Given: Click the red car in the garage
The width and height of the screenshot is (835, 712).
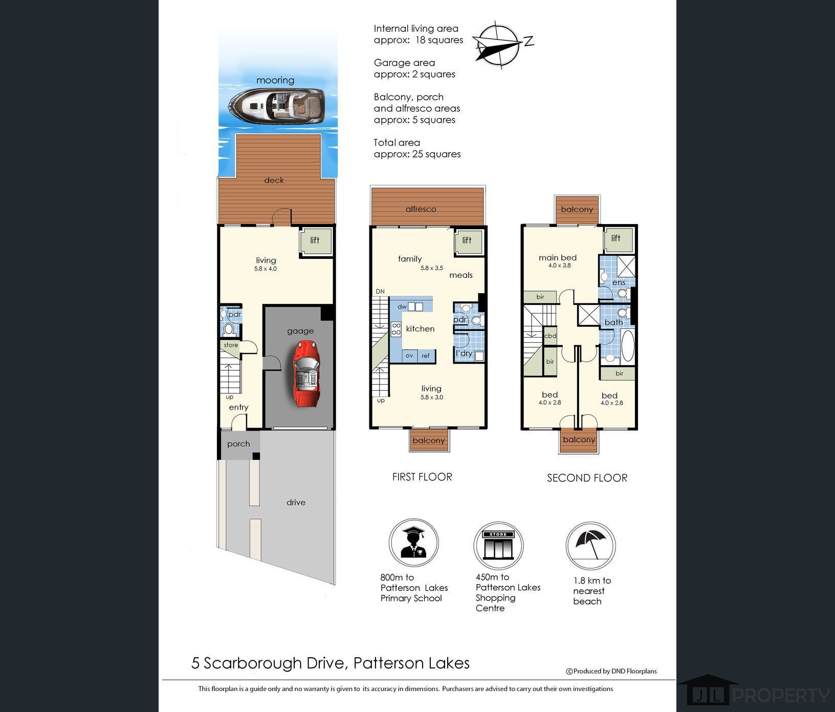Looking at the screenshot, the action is tap(306, 374).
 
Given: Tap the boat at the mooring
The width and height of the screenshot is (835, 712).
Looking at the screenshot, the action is tap(276, 106).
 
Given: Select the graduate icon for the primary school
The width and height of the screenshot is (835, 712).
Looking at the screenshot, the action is tap(413, 542).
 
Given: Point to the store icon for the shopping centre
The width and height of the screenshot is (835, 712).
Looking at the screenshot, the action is tap(498, 545).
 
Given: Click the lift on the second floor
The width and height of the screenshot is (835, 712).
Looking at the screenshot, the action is tap(618, 239).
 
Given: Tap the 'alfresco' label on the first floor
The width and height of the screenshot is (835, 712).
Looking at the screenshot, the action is tap(421, 209).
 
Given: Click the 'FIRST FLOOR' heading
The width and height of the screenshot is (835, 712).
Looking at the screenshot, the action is tap(422, 477).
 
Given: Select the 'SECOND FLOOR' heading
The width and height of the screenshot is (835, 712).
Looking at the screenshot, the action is tap(587, 478).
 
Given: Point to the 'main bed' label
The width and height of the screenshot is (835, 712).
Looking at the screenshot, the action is tap(558, 258).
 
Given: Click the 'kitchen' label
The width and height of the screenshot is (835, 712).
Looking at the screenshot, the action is tap(420, 329).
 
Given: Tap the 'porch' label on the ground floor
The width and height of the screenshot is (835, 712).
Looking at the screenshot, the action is tap(238, 444).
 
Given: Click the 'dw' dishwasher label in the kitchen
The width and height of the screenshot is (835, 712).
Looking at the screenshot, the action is tap(402, 307).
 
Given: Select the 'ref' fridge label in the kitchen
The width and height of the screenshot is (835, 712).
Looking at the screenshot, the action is tap(426, 355).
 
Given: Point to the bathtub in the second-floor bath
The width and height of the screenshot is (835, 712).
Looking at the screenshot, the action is tap(627, 346).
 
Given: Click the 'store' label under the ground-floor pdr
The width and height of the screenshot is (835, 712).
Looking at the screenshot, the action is tap(231, 345).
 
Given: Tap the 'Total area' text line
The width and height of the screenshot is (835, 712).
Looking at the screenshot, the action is tap(397, 143).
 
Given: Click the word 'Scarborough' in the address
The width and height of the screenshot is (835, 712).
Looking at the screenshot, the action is tap(253, 663).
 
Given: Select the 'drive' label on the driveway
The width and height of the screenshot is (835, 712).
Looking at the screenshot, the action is tap(296, 502).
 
